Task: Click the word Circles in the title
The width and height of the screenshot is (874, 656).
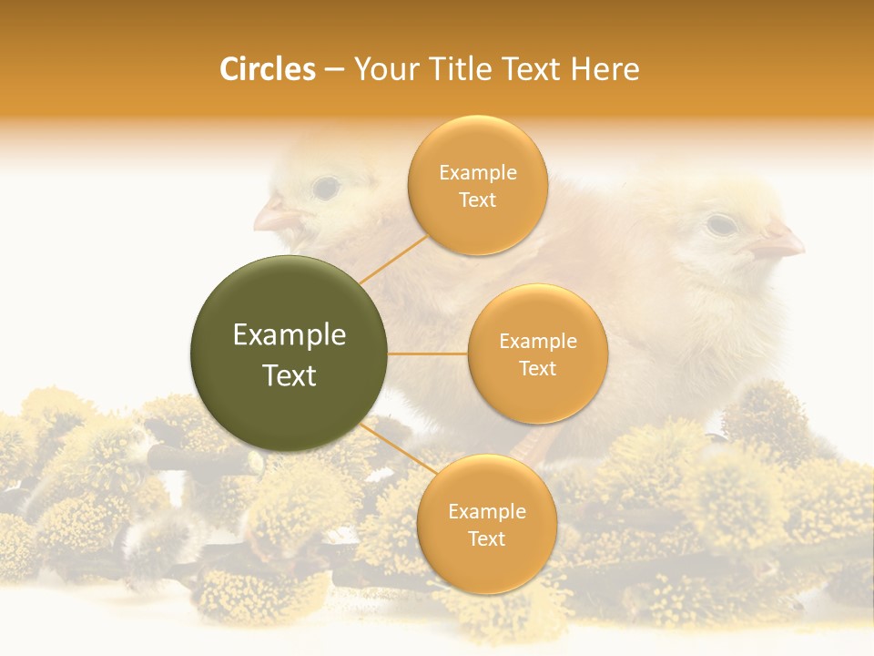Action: pyautogui.click(x=267, y=69)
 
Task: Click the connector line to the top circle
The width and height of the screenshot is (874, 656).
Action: pyautogui.click(x=392, y=259)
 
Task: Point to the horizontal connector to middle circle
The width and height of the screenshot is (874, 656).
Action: pyautogui.click(x=428, y=354)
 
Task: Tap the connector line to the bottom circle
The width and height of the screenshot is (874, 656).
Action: pyautogui.click(x=399, y=449)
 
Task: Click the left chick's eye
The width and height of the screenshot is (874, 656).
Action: pyautogui.click(x=325, y=188)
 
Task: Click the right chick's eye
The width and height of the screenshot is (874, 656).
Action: pyautogui.click(x=721, y=223)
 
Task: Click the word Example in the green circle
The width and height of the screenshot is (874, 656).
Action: pyautogui.click(x=290, y=335)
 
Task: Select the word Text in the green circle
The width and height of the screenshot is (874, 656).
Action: pyautogui.click(x=290, y=375)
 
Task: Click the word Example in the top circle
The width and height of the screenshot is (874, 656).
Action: pyautogui.click(x=477, y=173)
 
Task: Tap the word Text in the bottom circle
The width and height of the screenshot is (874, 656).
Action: pyautogui.click(x=486, y=539)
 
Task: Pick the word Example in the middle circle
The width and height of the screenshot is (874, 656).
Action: pyautogui.click(x=537, y=342)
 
